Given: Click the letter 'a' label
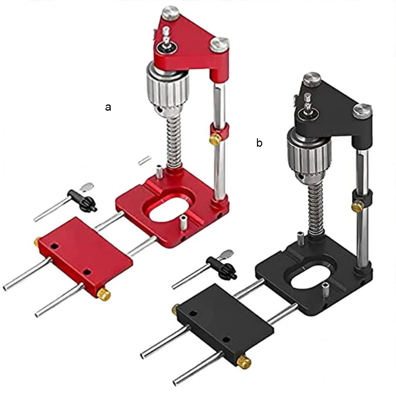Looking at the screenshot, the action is (x=108, y=108).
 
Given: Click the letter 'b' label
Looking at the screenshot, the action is (x=259, y=143).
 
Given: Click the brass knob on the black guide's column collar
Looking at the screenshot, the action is (x=357, y=206).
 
